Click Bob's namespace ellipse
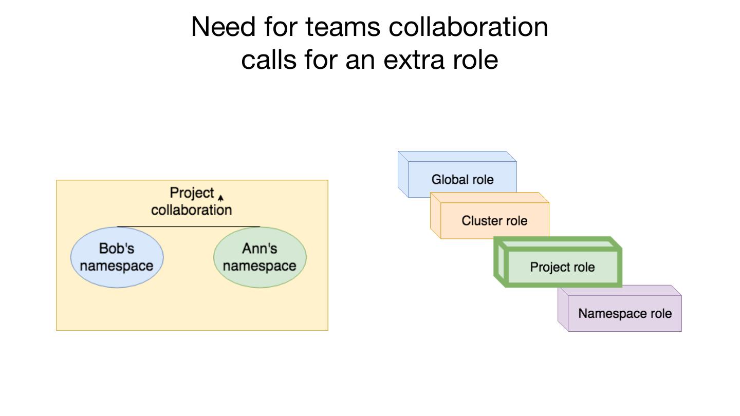click(117, 257)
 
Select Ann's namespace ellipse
click(260, 257)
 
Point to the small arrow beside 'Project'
click(221, 197)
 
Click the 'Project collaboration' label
click(191, 201)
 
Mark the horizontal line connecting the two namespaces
click(188, 226)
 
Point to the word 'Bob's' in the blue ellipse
click(117, 249)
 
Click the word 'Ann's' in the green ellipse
click(260, 249)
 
